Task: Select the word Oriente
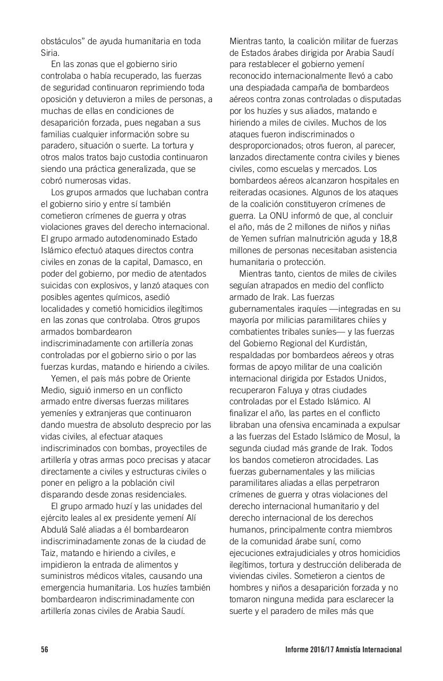pos(175,378)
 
